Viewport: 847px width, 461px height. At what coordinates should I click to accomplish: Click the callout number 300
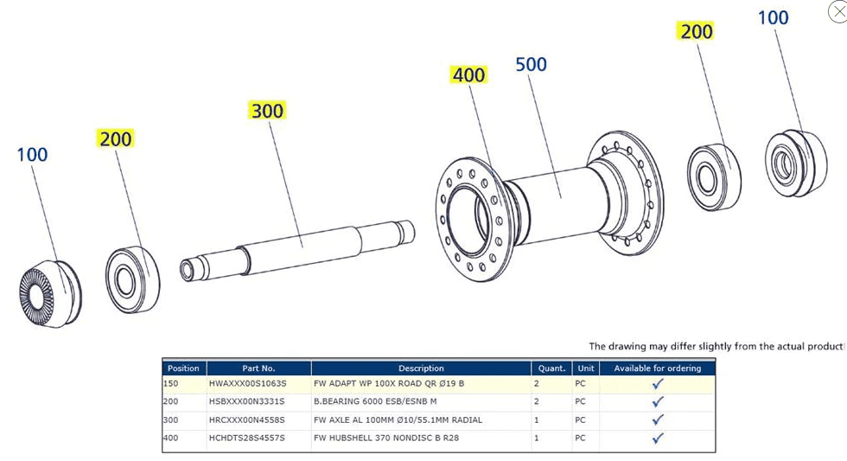click(x=267, y=111)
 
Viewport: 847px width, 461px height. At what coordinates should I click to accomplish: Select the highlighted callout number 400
click(x=468, y=75)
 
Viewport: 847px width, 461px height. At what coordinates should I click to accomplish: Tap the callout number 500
click(x=531, y=65)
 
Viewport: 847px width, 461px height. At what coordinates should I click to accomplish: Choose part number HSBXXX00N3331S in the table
click(x=247, y=401)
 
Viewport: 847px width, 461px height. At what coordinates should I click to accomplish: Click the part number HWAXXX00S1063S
click(x=247, y=383)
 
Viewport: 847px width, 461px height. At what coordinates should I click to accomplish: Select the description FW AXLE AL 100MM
click(x=398, y=419)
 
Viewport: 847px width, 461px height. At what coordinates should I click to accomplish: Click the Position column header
click(x=183, y=368)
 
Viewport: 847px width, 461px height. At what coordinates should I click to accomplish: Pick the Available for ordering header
click(x=657, y=368)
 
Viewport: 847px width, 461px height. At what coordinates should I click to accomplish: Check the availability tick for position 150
click(x=657, y=383)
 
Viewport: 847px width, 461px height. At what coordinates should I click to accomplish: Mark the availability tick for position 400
click(x=657, y=438)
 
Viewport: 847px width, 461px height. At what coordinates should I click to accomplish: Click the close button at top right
click(x=836, y=11)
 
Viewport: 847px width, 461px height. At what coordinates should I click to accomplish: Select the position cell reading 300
click(x=171, y=419)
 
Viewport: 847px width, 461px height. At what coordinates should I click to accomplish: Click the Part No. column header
click(x=258, y=368)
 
